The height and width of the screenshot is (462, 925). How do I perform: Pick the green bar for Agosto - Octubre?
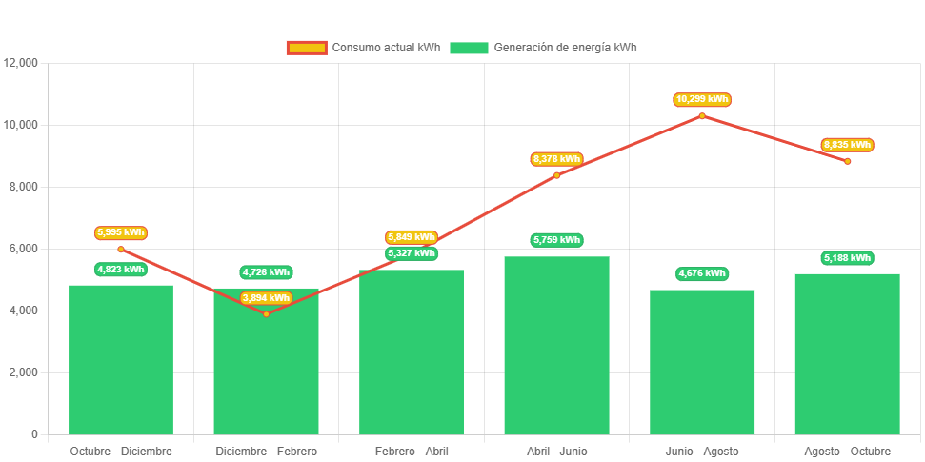pyautogui.click(x=847, y=353)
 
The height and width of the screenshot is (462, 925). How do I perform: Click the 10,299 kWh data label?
pyautogui.click(x=702, y=99)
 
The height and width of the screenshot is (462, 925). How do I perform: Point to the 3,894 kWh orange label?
pyautogui.click(x=266, y=298)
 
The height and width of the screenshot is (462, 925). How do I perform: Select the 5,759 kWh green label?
pyautogui.click(x=556, y=240)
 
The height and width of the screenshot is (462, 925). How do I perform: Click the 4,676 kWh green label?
pyautogui.click(x=702, y=273)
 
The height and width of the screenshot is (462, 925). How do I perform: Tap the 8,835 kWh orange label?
pyautogui.click(x=847, y=145)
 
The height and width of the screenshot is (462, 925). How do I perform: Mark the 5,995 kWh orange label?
pyautogui.click(x=121, y=232)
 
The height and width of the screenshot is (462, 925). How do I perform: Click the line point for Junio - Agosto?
pyautogui.click(x=702, y=116)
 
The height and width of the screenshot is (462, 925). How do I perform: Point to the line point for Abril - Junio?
pyautogui.click(x=556, y=175)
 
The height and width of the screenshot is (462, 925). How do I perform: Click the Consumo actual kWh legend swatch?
pyautogui.click(x=306, y=48)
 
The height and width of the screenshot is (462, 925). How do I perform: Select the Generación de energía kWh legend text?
pyautogui.click(x=565, y=48)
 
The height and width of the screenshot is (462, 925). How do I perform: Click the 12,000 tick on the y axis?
pyautogui.click(x=21, y=63)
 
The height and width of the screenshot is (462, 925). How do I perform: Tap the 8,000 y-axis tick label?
pyautogui.click(x=24, y=187)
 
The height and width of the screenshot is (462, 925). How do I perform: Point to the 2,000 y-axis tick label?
pyautogui.click(x=24, y=372)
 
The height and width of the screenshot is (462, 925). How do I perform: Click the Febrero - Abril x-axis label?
pyautogui.click(x=412, y=451)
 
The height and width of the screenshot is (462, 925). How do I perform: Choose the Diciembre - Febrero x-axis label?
pyautogui.click(x=266, y=451)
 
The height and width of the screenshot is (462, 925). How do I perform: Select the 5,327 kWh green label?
pyautogui.click(x=412, y=253)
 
